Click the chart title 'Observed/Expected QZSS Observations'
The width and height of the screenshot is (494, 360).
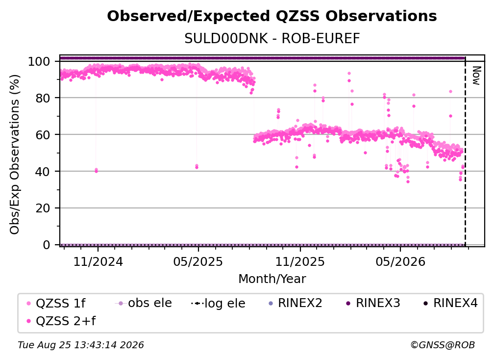tap(272, 16)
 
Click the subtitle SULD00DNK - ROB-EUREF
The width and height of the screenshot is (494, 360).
tap(272, 38)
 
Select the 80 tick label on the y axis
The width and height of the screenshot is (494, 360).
tap(43, 98)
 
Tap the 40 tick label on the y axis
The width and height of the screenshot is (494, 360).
tap(43, 172)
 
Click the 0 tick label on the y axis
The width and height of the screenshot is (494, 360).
tap(47, 245)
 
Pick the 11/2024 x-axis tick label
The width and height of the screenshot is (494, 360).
tap(98, 261)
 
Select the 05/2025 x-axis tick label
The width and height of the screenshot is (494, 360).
tap(198, 261)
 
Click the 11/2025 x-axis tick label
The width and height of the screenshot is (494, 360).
tap(300, 261)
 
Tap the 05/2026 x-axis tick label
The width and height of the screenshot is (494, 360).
tap(400, 261)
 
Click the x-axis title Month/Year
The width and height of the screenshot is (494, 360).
tap(272, 279)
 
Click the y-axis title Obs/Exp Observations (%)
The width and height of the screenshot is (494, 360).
tap(15, 154)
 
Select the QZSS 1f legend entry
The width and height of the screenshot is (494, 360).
tap(56, 303)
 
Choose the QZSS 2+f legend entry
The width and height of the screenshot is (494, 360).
tap(61, 321)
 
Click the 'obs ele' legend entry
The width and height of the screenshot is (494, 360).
tap(143, 303)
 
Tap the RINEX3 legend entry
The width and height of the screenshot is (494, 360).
tap(373, 303)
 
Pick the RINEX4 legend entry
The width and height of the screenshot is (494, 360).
tap(450, 303)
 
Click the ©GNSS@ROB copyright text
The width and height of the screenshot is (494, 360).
tap(443, 345)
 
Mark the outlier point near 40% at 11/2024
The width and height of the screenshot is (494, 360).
tap(96, 171)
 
